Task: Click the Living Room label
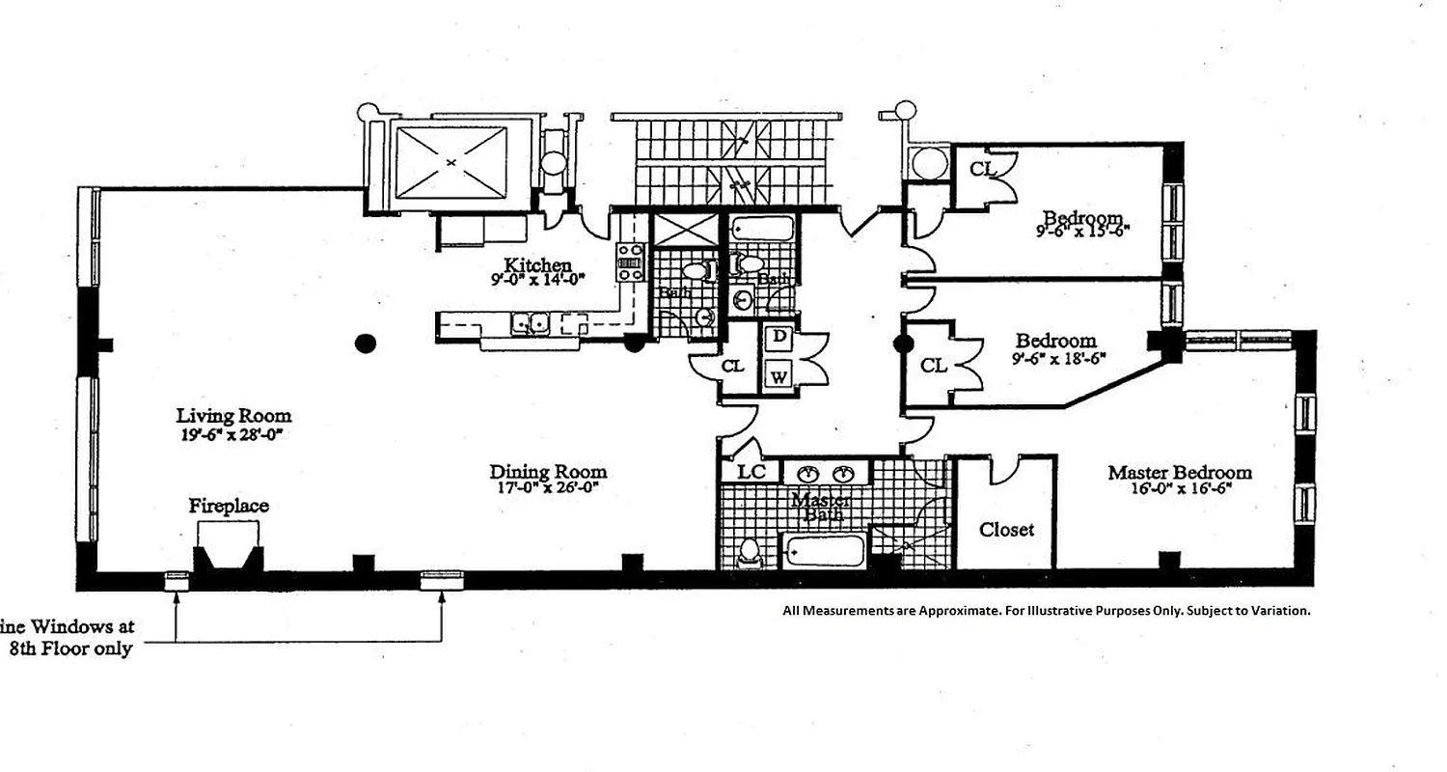tap(233, 416)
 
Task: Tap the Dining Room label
tap(548, 472)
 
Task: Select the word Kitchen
tap(538, 264)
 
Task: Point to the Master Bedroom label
tap(1179, 472)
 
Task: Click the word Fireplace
tap(229, 506)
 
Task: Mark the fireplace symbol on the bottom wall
tap(229, 559)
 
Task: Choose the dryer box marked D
tap(778, 338)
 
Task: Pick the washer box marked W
tap(778, 374)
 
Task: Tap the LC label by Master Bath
tap(751, 472)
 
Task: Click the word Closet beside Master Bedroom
tap(1006, 530)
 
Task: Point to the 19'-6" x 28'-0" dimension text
tap(233, 434)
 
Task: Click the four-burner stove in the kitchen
tap(630, 262)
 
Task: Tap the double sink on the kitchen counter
tap(530, 325)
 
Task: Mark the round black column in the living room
tap(365, 342)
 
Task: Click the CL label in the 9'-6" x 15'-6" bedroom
tap(981, 170)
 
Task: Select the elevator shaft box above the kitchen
tap(452, 163)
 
